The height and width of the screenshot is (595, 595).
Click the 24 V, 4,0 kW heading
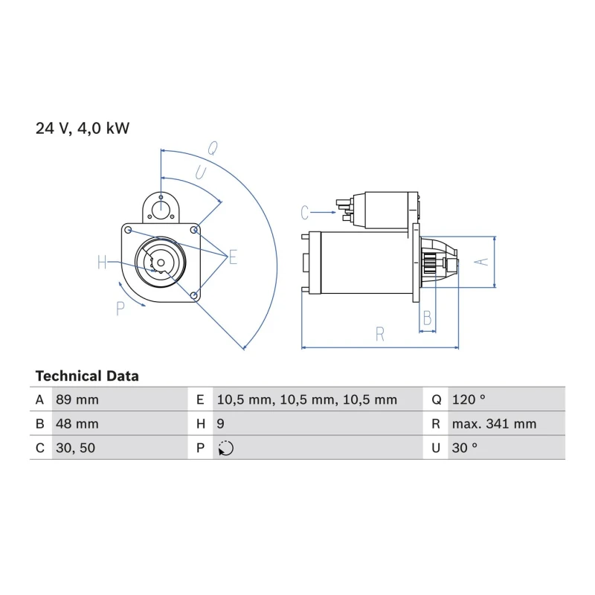pos(83,128)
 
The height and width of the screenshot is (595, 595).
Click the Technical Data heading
pos(87,376)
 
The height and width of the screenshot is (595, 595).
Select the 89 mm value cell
pos(77,399)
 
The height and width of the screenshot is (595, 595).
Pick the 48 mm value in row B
pos(77,424)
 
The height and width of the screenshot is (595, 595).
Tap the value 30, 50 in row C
pos(75,448)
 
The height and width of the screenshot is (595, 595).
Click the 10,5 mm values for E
pos(306,400)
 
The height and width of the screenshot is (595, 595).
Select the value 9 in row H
pos(220,424)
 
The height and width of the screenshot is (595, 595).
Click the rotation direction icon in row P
pos(226,448)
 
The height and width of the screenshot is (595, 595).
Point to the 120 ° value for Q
pos(469,399)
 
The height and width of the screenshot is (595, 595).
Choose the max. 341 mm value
pos(494,424)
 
